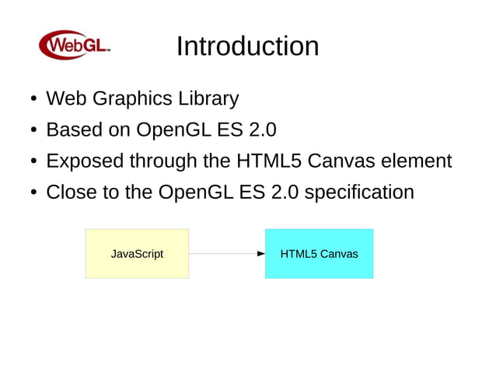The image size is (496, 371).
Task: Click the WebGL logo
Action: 75,45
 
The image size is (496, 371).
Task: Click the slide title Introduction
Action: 247,46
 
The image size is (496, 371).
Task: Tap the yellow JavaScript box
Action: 137,254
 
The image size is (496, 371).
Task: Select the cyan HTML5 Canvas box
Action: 319,254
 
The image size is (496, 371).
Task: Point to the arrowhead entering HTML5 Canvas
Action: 261,254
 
